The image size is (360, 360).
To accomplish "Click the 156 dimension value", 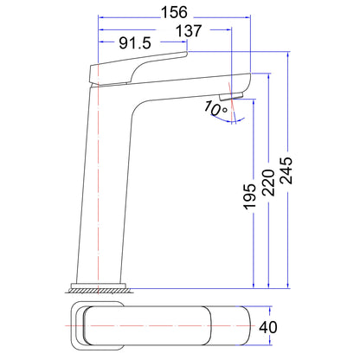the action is pos(174,12).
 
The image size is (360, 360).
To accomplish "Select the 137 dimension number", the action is pos(189,31).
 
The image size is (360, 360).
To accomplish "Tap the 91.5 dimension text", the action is pos(135,43).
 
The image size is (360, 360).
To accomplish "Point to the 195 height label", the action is pos(249,196).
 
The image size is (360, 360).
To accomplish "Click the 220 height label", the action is pos(268,183).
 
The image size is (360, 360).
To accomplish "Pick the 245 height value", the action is pos(286,170).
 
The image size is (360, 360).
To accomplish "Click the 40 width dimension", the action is pos(268,327).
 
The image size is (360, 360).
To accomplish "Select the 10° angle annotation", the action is pos(215,108).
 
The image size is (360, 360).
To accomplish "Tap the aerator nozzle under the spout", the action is pos(231,96).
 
